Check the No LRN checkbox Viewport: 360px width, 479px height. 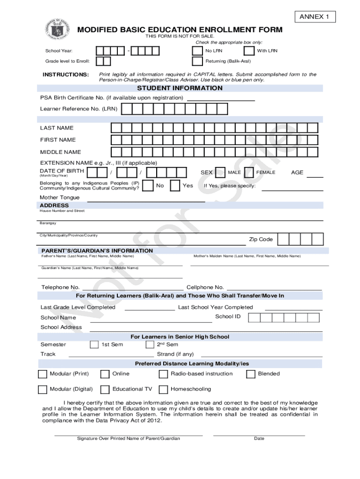(x=197, y=51)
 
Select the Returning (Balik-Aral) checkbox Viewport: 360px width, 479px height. (x=197, y=61)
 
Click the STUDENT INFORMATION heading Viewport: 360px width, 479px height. (x=180, y=88)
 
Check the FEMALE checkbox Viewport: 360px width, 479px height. (x=249, y=173)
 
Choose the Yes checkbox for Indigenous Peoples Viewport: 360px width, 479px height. (x=175, y=186)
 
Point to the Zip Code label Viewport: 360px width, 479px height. (x=260, y=239)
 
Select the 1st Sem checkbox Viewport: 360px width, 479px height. (x=94, y=345)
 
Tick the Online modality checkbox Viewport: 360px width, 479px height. (x=105, y=374)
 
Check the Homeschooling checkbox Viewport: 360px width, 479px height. (x=163, y=389)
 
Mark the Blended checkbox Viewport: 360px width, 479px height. (x=251, y=374)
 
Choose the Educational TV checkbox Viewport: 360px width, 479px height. (x=105, y=389)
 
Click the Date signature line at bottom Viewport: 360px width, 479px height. (x=259, y=435)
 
